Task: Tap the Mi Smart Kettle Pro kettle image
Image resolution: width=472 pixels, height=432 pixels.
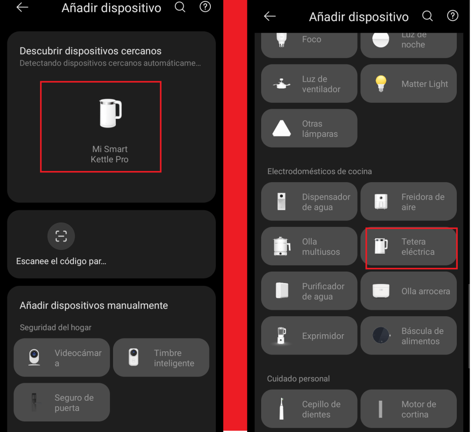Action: (x=110, y=113)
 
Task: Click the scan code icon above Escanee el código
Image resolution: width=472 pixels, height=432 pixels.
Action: (x=61, y=236)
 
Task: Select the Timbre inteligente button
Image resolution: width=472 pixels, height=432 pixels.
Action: (x=161, y=358)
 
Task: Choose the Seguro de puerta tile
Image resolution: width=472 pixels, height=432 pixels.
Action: (x=62, y=402)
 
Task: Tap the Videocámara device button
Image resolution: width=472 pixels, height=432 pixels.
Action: (x=62, y=358)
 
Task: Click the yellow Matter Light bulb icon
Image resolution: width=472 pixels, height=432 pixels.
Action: (x=381, y=83)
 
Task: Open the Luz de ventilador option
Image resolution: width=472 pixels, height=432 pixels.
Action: (x=309, y=83)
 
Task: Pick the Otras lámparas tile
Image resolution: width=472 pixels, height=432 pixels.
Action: (x=309, y=129)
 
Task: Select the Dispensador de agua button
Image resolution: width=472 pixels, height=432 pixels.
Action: (x=309, y=201)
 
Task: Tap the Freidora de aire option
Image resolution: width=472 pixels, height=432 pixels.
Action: (x=408, y=201)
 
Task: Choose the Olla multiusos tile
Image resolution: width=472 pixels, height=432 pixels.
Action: (x=309, y=246)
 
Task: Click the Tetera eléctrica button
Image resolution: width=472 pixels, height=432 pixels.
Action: (x=408, y=246)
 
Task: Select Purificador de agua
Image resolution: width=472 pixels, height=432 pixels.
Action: (x=309, y=291)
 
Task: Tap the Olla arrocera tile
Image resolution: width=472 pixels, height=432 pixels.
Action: (x=408, y=291)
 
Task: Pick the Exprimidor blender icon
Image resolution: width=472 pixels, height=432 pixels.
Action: (x=281, y=336)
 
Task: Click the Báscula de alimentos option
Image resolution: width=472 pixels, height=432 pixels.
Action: (x=408, y=336)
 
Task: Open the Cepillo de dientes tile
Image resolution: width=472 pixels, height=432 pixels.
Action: (x=309, y=409)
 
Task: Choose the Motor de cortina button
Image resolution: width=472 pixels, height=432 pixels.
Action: (x=408, y=409)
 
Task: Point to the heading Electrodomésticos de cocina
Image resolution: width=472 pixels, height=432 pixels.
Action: (x=319, y=172)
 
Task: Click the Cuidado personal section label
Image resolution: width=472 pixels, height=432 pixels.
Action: (x=299, y=379)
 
